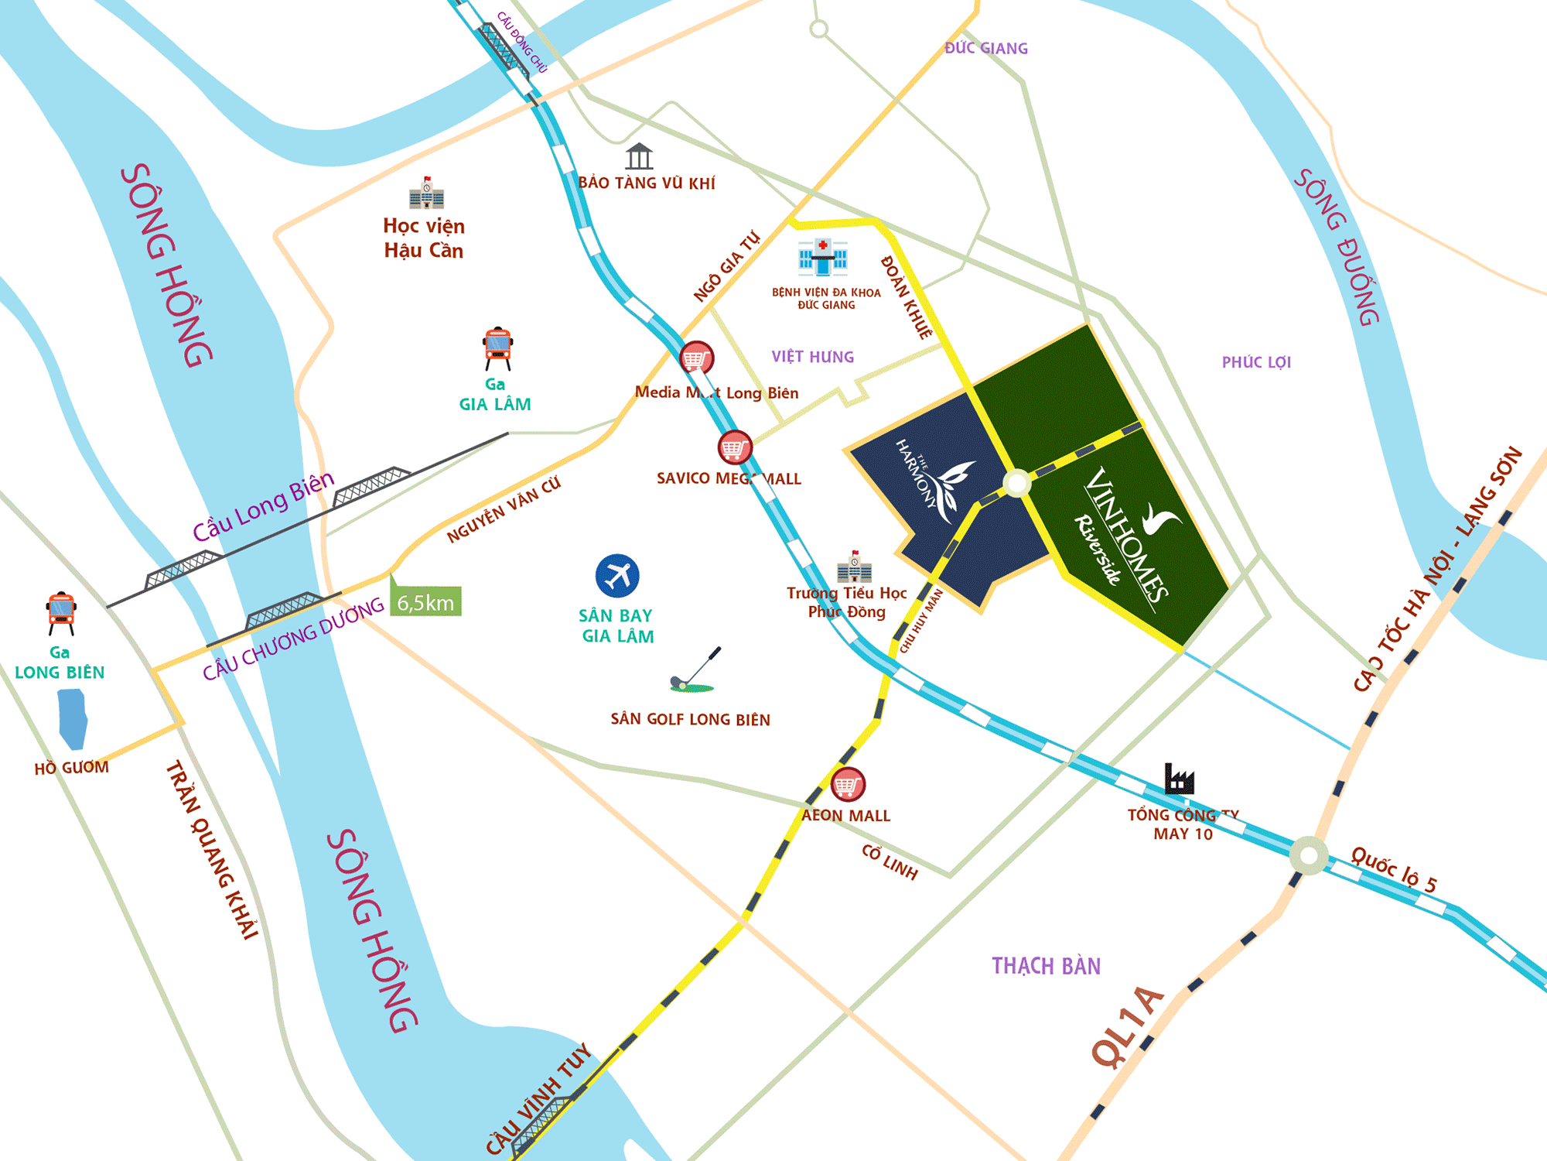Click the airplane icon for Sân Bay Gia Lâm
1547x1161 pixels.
click(x=617, y=576)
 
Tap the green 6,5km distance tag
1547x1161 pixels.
click(x=426, y=602)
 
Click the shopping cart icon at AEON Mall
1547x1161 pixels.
click(x=848, y=785)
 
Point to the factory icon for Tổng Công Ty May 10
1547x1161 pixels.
click(x=1179, y=779)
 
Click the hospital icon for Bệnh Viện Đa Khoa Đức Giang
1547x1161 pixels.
click(x=823, y=257)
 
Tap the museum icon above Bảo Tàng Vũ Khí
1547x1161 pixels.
click(x=639, y=156)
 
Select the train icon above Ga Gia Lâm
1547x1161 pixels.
click(x=498, y=348)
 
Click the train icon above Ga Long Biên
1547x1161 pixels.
click(x=61, y=612)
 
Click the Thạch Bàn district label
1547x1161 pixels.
click(x=1046, y=966)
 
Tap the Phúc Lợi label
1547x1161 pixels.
click(x=1256, y=362)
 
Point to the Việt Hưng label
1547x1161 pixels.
click(x=812, y=357)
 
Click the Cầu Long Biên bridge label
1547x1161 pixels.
click(x=263, y=506)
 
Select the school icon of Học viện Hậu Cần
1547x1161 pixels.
click(x=426, y=193)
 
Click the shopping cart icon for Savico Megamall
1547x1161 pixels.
click(x=734, y=447)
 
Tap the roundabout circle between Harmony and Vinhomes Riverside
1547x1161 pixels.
click(x=1016, y=484)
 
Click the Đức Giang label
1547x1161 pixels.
click(x=986, y=48)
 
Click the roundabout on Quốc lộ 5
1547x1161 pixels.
click(x=1309, y=856)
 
